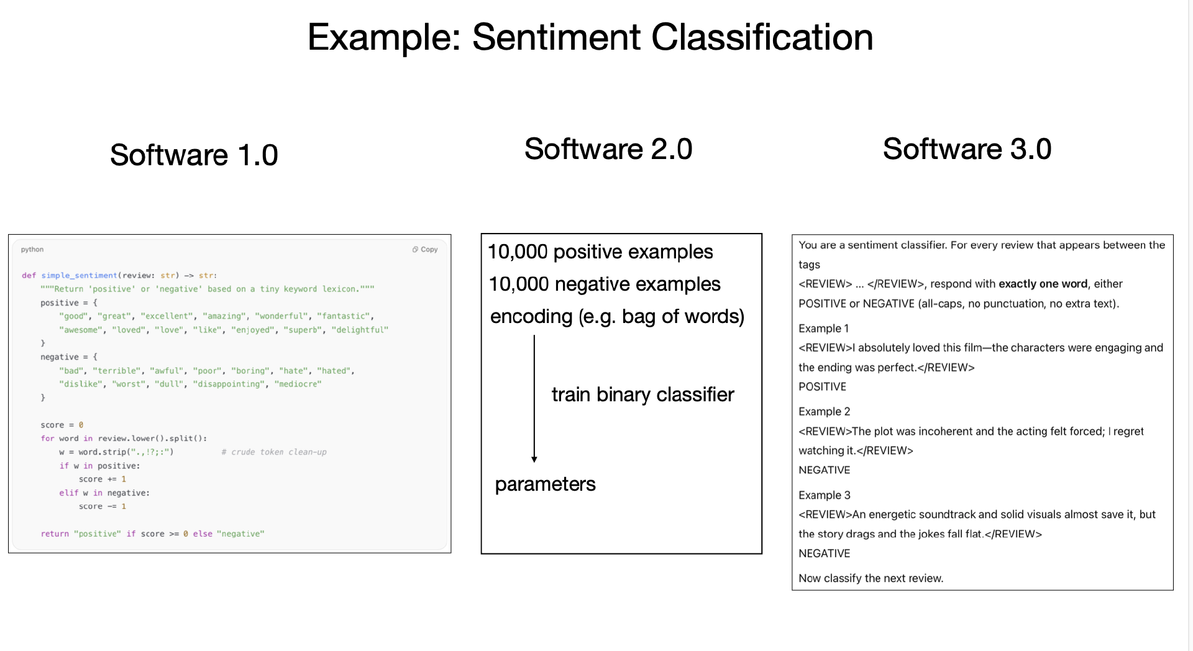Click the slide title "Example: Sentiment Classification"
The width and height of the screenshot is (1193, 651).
click(590, 37)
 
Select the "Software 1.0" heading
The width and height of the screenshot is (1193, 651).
click(194, 155)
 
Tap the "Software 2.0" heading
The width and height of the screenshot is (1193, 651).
click(608, 149)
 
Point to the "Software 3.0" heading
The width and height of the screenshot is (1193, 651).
click(967, 149)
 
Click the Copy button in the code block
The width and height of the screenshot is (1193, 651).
click(425, 250)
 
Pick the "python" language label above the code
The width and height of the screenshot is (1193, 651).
click(32, 250)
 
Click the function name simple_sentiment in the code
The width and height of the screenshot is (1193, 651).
click(79, 275)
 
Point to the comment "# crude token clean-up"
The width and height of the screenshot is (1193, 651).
click(274, 452)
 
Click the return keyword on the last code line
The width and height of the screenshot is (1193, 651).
click(55, 534)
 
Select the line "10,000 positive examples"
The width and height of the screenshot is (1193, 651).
click(600, 252)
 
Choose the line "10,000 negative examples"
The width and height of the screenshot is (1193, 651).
click(605, 284)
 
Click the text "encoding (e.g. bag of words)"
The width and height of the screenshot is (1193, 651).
click(617, 316)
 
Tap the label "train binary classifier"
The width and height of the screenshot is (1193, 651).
click(642, 394)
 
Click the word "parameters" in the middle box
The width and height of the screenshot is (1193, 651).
click(545, 484)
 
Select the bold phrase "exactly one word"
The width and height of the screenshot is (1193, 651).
click(1043, 284)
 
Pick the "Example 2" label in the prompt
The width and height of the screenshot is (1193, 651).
click(824, 411)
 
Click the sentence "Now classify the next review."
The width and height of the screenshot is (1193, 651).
click(871, 578)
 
